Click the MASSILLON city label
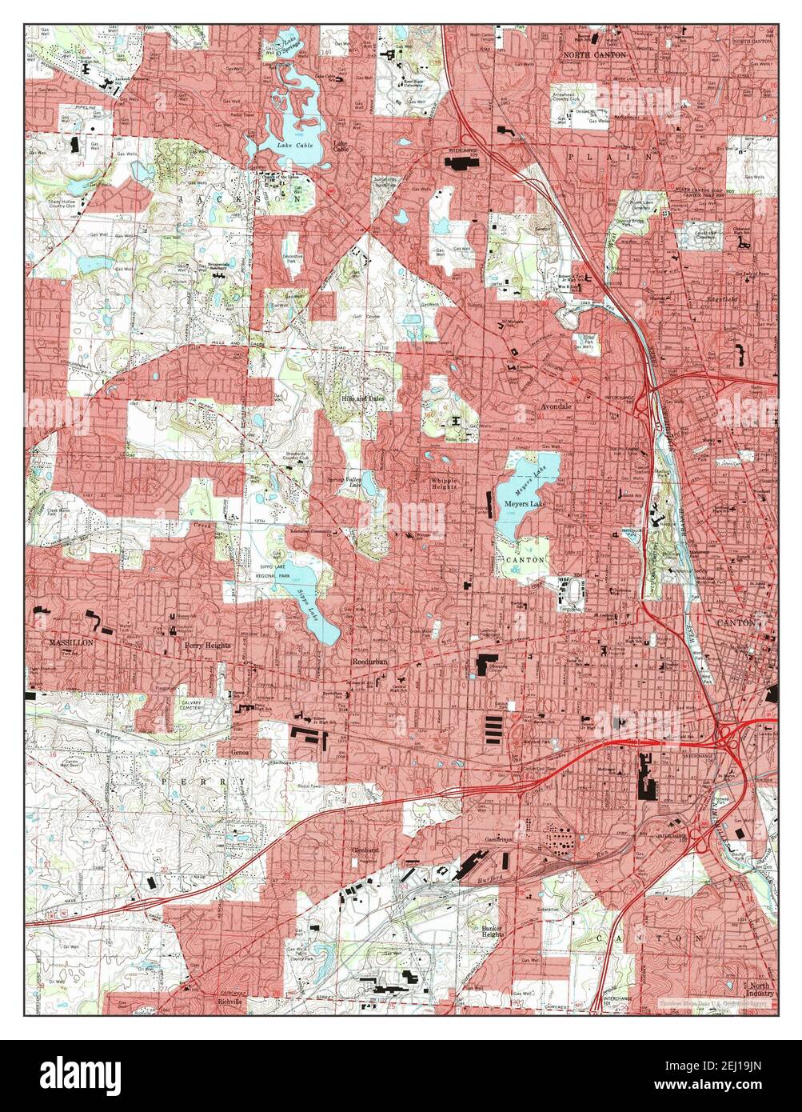pos(70,642)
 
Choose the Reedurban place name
pos(369,662)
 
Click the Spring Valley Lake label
pos(345,482)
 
